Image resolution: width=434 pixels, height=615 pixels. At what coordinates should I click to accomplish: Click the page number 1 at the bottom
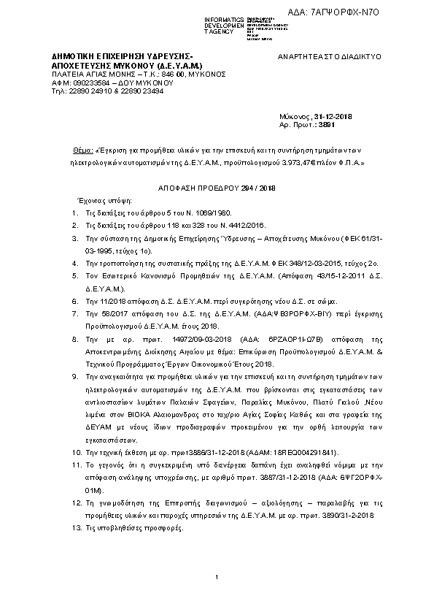(x=217, y=579)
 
